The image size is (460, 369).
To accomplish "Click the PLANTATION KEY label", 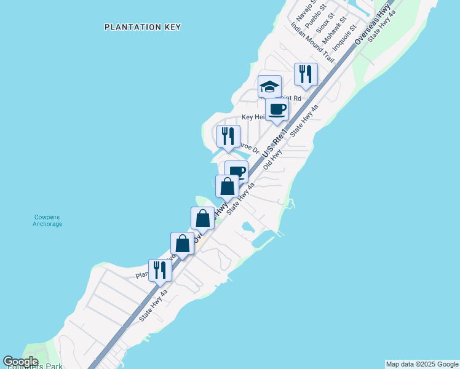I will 143,27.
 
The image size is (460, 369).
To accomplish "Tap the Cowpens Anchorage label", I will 47,220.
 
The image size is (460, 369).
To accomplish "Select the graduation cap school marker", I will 269,86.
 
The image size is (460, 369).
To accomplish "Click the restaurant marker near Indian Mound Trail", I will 306,74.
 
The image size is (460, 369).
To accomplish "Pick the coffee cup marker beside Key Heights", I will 277,109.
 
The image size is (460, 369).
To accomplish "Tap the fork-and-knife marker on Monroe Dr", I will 228,136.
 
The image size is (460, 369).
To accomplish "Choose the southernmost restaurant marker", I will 160,270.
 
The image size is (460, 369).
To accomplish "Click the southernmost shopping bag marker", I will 183,243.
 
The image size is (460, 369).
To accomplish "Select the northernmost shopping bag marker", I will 227,186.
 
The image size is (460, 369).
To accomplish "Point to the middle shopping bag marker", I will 202,218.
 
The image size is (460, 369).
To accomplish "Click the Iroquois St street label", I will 344,37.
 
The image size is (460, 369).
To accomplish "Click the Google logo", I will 20,362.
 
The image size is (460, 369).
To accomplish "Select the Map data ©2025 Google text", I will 422,364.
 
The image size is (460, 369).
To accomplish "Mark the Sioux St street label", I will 324,23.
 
